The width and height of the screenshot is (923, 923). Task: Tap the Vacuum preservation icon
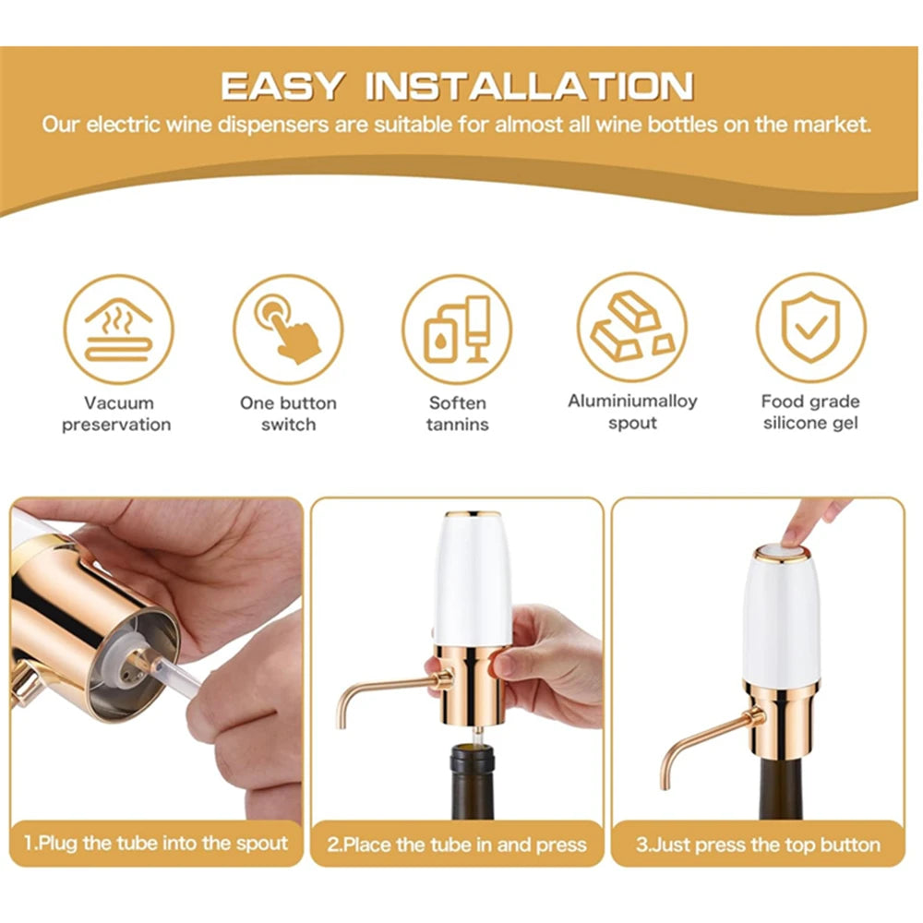click(x=117, y=329)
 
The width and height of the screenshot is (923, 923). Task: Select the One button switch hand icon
click(x=288, y=329)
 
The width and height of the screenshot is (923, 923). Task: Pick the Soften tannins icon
click(x=457, y=329)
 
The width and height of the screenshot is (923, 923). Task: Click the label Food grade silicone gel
click(x=810, y=413)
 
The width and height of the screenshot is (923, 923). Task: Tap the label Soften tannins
click(x=457, y=414)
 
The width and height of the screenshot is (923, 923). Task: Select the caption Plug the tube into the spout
click(x=156, y=844)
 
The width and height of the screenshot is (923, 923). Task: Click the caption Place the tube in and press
click(x=457, y=845)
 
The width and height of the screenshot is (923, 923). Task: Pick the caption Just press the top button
click(x=759, y=845)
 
